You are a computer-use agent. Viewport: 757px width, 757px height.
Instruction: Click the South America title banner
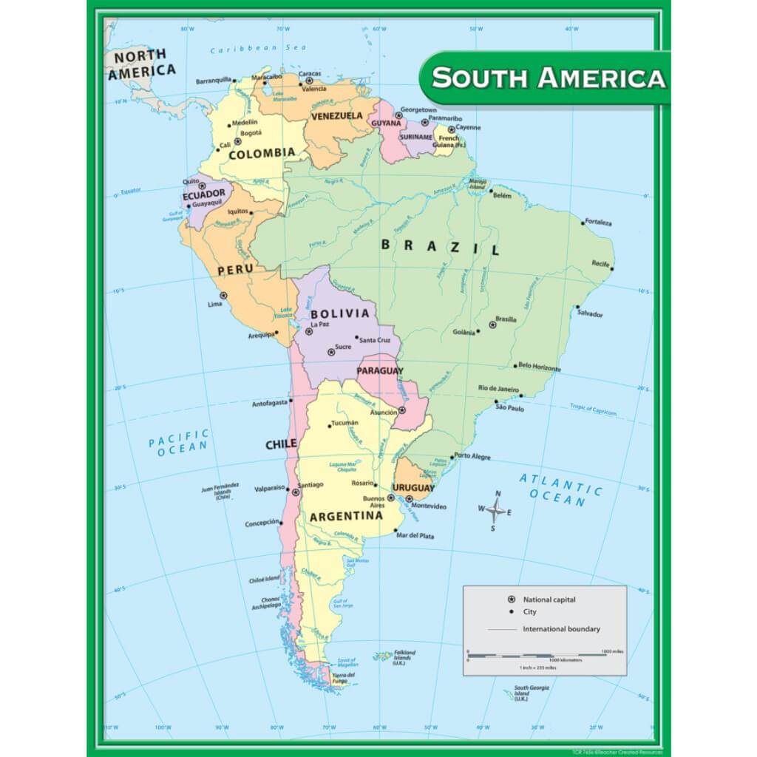click(x=547, y=78)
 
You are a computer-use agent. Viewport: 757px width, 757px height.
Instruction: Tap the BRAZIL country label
click(x=441, y=246)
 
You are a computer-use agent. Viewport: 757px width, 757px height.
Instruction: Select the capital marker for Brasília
click(x=492, y=325)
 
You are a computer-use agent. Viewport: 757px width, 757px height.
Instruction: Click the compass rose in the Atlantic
click(x=497, y=509)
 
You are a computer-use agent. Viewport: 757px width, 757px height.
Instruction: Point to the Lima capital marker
click(x=223, y=296)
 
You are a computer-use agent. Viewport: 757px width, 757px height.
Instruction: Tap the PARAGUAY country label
click(x=380, y=370)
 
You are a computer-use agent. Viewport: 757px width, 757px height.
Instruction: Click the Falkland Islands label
click(x=404, y=656)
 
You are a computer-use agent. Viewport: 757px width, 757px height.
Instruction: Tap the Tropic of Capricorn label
click(x=593, y=409)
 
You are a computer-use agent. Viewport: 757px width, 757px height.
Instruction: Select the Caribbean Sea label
click(x=247, y=49)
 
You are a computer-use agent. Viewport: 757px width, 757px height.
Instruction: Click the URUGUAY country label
click(x=413, y=488)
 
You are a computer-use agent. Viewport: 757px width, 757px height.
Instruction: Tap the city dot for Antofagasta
click(x=291, y=401)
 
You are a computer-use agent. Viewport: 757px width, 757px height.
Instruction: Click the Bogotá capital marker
click(x=238, y=141)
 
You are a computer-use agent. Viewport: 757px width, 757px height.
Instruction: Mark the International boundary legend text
click(x=561, y=629)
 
